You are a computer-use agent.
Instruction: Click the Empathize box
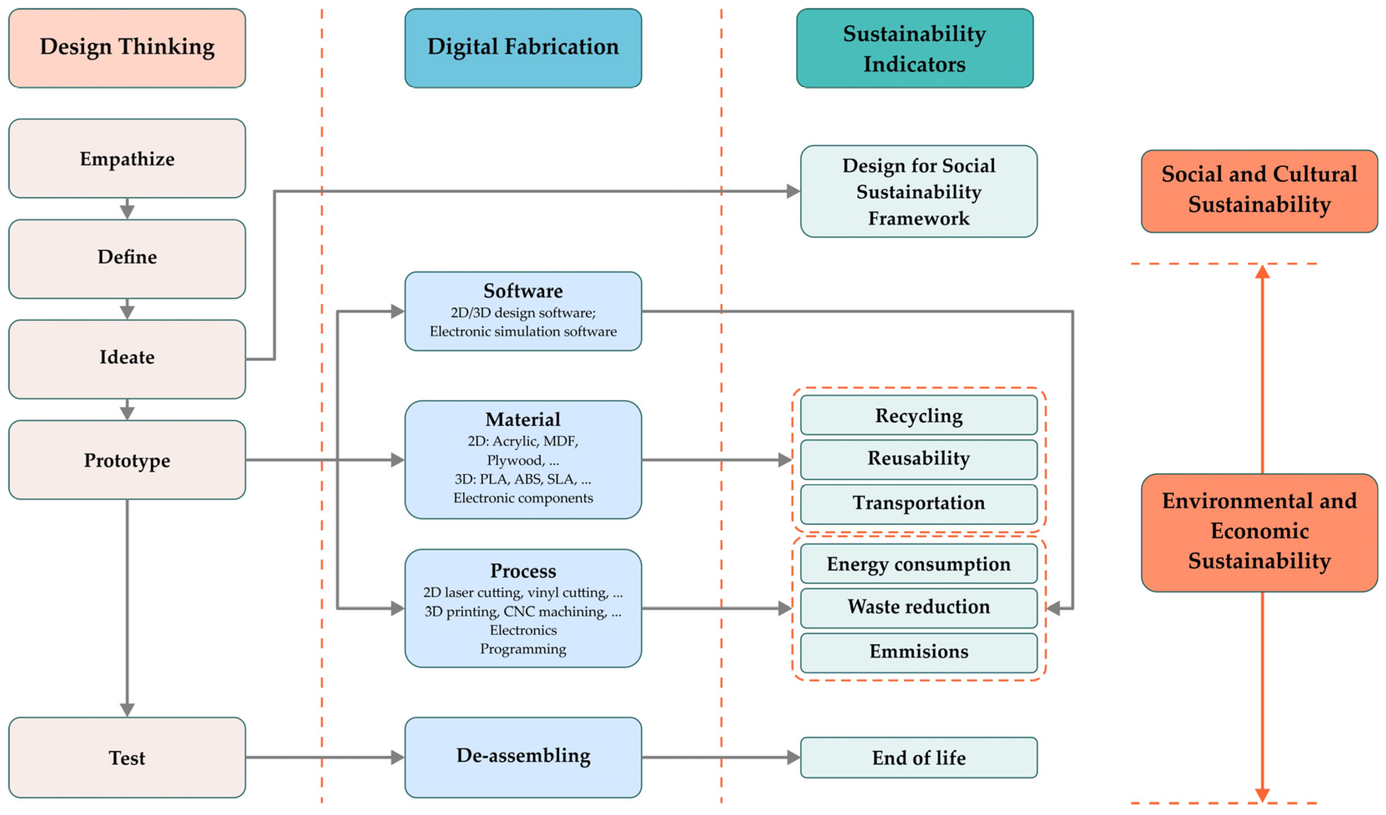tap(127, 158)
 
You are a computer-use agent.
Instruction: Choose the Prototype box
tap(127, 460)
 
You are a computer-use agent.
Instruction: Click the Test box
tap(127, 757)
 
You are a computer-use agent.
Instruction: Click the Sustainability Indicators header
tap(915, 48)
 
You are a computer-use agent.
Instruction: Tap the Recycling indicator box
tap(918, 416)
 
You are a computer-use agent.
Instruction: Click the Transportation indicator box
tap(918, 503)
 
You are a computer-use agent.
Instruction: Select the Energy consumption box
tap(918, 564)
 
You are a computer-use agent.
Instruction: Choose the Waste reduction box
tap(918, 607)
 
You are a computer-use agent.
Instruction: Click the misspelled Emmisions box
tap(918, 652)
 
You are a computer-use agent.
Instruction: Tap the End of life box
tap(918, 758)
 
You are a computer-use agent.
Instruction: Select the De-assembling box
tap(523, 757)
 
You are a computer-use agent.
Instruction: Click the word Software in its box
tap(523, 291)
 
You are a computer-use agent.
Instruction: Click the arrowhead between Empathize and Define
tap(127, 211)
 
